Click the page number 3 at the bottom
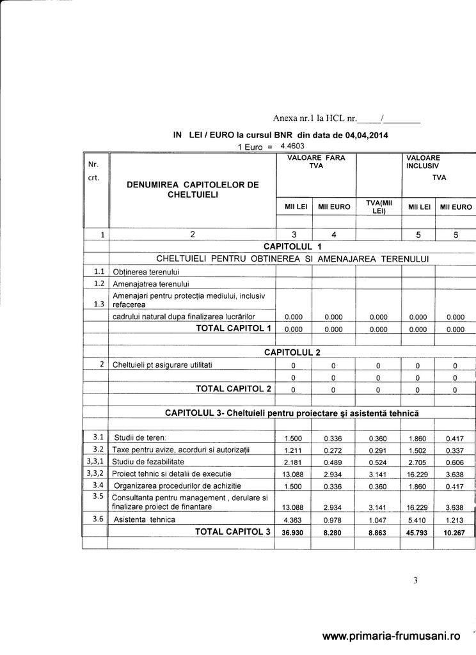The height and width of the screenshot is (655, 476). tap(415, 581)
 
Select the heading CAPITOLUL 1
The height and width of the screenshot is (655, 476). tap(292, 246)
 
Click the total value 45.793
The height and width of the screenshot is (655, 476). tap(417, 532)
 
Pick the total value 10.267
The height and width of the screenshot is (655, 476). tap(455, 532)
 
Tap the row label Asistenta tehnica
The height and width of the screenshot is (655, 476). tap(145, 519)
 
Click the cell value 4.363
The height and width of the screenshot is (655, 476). tap(292, 519)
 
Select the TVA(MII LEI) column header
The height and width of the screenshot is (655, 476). tap(378, 207)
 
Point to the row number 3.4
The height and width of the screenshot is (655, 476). tap(97, 485)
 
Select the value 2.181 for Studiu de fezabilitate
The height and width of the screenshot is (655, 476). tap(292, 462)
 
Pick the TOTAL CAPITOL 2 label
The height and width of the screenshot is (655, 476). tap(233, 388)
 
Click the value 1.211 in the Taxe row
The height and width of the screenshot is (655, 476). tap(292, 450)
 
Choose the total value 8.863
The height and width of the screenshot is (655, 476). tap(378, 532)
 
